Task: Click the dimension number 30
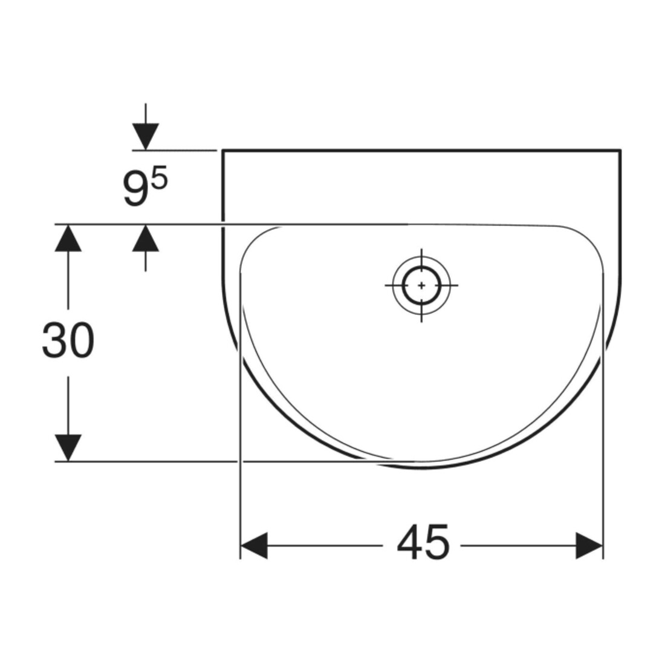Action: pos(68,340)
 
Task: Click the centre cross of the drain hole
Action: pos(421,285)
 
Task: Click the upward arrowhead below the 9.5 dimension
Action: pos(146,238)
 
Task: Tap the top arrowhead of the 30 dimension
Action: pos(68,238)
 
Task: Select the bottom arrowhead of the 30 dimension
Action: pos(68,447)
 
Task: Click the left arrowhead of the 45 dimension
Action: pos(254,545)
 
